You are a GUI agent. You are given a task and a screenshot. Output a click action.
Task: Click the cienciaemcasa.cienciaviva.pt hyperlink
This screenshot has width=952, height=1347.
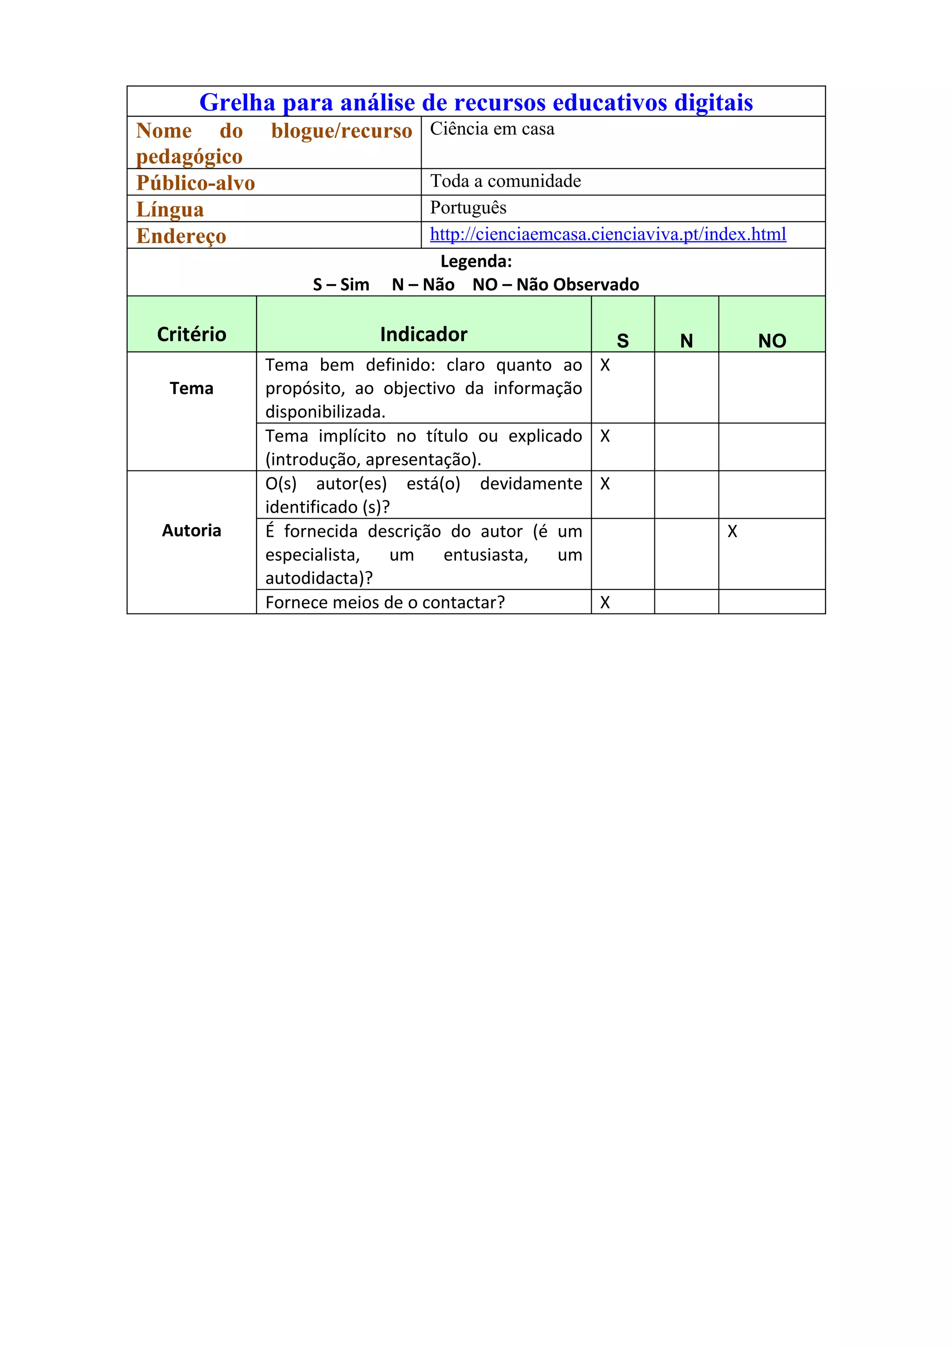pyautogui.click(x=608, y=234)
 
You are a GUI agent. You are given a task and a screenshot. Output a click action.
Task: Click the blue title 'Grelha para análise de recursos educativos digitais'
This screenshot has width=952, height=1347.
pyautogui.click(x=476, y=102)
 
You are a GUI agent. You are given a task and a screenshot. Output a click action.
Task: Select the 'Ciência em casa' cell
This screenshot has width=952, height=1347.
pyautogui.click(x=492, y=129)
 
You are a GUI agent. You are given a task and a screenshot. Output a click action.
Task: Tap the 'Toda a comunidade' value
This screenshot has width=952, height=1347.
pyautogui.click(x=506, y=181)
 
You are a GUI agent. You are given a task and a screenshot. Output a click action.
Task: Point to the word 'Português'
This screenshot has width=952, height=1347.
pyautogui.click(x=468, y=208)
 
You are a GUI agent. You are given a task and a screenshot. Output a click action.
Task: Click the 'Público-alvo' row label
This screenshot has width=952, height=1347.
pyautogui.click(x=195, y=183)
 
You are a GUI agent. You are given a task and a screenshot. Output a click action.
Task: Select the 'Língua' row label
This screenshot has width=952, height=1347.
pyautogui.click(x=170, y=210)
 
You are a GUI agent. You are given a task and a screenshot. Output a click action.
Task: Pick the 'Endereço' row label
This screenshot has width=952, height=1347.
pyautogui.click(x=181, y=236)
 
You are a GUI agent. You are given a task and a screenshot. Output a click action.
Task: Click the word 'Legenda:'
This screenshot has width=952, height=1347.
pyautogui.click(x=476, y=261)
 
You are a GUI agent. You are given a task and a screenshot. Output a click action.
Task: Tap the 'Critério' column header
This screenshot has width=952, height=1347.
pyautogui.click(x=191, y=334)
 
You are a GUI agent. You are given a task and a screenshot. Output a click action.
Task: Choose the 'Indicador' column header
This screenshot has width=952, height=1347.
pyautogui.click(x=423, y=334)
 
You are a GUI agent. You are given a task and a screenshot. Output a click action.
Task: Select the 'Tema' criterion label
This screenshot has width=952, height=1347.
pyautogui.click(x=191, y=389)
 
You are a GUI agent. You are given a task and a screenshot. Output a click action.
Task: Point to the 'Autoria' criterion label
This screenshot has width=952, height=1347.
pyautogui.click(x=191, y=530)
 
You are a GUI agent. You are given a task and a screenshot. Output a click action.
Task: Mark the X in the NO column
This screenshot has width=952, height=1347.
pyautogui.click(x=732, y=532)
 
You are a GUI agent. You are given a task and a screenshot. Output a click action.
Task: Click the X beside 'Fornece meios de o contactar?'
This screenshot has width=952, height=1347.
pyautogui.click(x=605, y=602)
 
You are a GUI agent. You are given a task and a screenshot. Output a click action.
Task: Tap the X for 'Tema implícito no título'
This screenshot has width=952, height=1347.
pyautogui.click(x=605, y=436)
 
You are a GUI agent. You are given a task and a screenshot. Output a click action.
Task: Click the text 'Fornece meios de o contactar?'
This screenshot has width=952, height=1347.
pyautogui.click(x=385, y=602)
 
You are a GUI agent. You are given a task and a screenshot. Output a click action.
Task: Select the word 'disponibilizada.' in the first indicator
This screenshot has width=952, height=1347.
pyautogui.click(x=325, y=412)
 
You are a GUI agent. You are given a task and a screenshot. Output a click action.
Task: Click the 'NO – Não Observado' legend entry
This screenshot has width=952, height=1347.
pyautogui.click(x=555, y=284)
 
